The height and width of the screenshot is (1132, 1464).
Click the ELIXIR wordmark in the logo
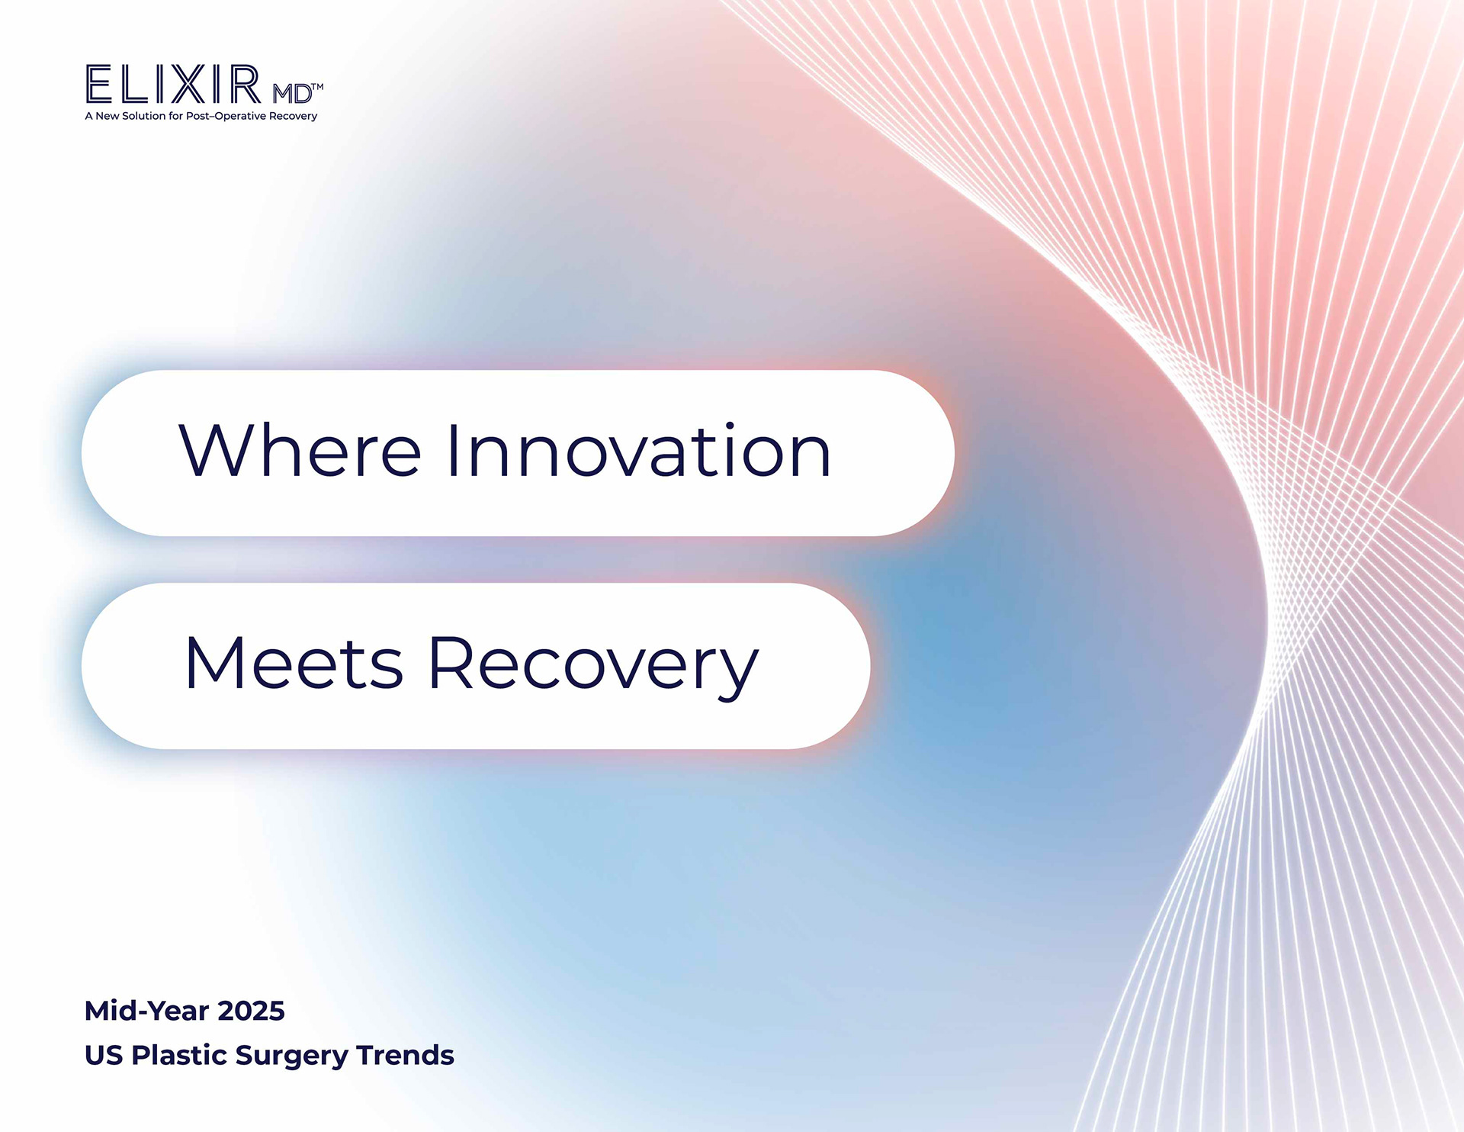pyautogui.click(x=174, y=84)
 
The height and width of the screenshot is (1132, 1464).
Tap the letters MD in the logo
pyautogui.click(x=292, y=94)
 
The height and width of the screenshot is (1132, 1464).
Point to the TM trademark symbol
pyautogui.click(x=318, y=87)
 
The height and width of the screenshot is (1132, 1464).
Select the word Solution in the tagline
pyautogui.click(x=144, y=116)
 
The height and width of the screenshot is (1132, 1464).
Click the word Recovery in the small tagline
pyautogui.click(x=294, y=116)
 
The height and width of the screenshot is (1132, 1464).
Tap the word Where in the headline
pyautogui.click(x=300, y=451)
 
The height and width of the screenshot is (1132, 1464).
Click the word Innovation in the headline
pyautogui.click(x=639, y=451)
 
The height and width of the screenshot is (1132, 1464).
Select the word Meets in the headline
pyautogui.click(x=294, y=663)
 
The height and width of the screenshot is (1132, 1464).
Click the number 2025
pyautogui.click(x=251, y=1011)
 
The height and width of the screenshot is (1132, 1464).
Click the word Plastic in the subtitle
pyautogui.click(x=179, y=1055)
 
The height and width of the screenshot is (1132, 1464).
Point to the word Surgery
pyautogui.click(x=292, y=1057)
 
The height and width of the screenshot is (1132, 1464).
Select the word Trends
pyautogui.click(x=405, y=1055)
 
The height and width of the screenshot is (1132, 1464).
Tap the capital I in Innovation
pyautogui.click(x=452, y=451)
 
